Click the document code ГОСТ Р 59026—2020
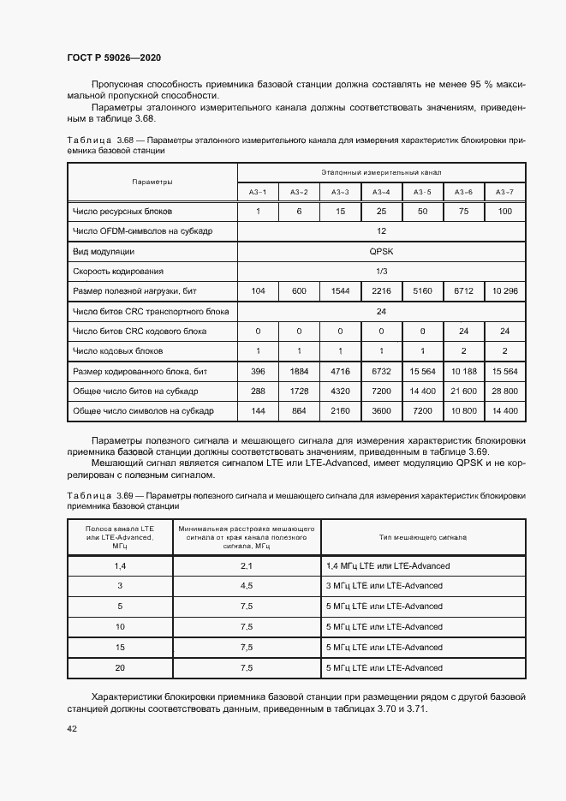coord(113,57)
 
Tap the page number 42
coord(72,728)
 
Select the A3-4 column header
coord(381,192)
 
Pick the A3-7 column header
coord(504,192)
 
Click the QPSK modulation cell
coord(381,252)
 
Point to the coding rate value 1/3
coord(381,272)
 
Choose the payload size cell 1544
coord(340,291)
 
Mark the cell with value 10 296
coord(504,291)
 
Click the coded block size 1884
coord(299,371)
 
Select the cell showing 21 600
coord(463,391)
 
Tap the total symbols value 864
coord(299,411)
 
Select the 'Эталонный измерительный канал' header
coord(381,172)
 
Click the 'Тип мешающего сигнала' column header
coord(422,537)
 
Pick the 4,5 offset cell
coord(246,586)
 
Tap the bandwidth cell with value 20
coord(120,667)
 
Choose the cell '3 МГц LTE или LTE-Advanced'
coord(384,586)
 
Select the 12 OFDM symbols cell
coord(381,231)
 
